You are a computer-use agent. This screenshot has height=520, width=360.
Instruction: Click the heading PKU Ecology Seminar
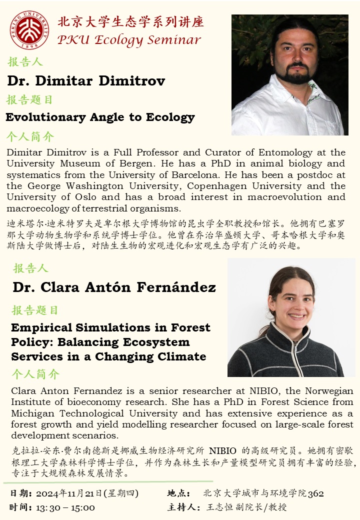pos(129,40)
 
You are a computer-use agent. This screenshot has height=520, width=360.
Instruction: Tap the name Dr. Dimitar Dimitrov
pos(86,80)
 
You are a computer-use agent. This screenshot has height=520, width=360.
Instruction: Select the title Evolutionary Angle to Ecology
pos(100,117)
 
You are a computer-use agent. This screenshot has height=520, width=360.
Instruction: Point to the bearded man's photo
pos(289,75)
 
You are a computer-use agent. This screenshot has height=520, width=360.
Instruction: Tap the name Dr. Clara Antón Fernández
pos(114,287)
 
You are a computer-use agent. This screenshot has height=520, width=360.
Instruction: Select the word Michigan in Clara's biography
pos(31,413)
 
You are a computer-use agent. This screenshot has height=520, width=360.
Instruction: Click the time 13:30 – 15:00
pos(65,507)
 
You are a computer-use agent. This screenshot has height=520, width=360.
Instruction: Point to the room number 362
pos(316,493)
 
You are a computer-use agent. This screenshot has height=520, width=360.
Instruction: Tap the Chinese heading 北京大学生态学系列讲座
pos(131,22)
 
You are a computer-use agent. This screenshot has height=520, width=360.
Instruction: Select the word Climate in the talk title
pos(182,356)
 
